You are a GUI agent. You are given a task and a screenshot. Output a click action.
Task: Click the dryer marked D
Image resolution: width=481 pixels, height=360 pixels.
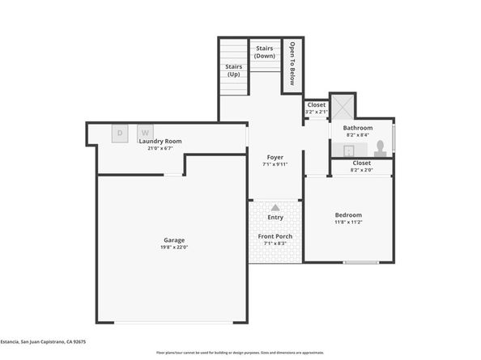tap(120, 133)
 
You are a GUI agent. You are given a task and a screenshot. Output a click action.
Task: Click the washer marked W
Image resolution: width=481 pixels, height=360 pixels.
tap(146, 133)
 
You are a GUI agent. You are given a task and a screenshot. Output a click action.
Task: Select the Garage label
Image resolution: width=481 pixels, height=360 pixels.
tap(175, 239)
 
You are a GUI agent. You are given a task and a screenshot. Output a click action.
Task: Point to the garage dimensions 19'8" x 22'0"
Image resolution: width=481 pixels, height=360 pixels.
tap(175, 248)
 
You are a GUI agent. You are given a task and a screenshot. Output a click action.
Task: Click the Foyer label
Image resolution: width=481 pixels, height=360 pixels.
tap(275, 157)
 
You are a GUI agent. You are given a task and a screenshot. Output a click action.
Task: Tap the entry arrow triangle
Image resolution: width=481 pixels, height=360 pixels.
tap(275, 208)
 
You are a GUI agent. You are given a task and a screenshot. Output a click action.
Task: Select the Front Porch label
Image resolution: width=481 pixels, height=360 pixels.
tap(275, 236)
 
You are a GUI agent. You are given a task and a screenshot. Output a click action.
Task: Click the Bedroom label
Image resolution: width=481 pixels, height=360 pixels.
tap(348, 214)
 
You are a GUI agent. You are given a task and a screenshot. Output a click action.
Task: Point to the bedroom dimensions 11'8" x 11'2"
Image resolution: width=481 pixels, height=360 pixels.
tap(348, 222)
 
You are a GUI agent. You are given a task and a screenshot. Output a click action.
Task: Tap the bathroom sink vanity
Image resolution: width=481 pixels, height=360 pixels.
tap(349, 150)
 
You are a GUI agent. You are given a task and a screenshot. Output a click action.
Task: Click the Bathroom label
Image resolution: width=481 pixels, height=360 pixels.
tap(357, 128)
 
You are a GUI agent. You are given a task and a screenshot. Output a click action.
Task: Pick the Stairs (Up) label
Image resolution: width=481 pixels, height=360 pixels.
tap(233, 70)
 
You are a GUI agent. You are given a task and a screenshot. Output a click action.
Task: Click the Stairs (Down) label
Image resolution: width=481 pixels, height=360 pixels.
tap(264, 52)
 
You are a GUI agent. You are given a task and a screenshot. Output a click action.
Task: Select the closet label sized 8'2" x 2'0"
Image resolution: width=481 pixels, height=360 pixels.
tap(360, 166)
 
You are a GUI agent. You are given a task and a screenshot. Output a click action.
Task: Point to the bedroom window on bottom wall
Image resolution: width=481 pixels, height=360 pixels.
tap(360, 262)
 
